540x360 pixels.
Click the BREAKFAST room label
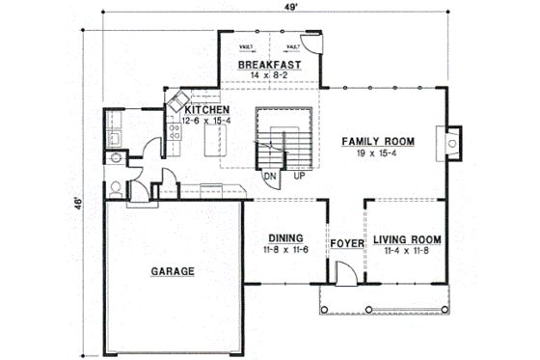[270, 65]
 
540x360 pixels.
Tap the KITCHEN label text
[207, 110]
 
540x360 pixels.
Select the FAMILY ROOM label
[378, 141]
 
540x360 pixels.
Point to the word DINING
[286, 237]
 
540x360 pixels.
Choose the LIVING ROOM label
[407, 239]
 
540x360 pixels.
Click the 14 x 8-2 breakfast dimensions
[270, 75]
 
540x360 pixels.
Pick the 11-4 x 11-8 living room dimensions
[407, 251]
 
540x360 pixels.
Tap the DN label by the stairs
[271, 177]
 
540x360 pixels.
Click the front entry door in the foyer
[345, 274]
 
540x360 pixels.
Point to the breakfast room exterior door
[311, 43]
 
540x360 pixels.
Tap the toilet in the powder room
[114, 188]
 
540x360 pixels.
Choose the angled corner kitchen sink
[177, 103]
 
